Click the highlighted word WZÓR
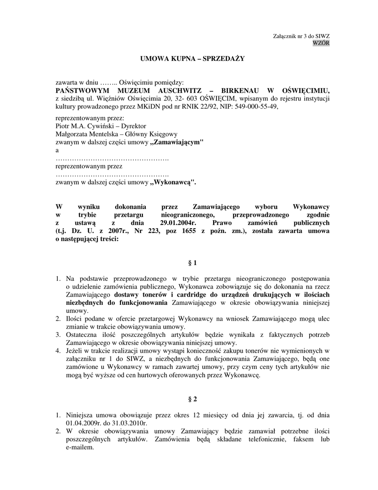tap(321, 43)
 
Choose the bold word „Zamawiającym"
tap(177, 142)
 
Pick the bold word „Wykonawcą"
tap(173, 182)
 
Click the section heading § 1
tap(192, 263)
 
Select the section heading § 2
tap(192, 399)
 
